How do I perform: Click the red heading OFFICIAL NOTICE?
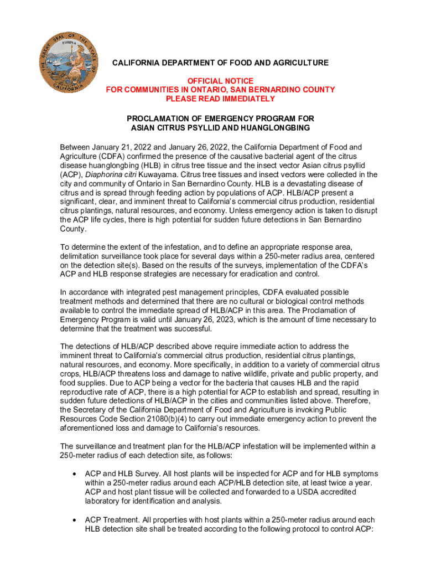[x=220, y=80]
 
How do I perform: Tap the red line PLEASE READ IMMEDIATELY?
[x=220, y=99]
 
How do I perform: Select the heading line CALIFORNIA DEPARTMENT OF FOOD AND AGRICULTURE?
[x=220, y=63]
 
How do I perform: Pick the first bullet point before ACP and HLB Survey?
[x=74, y=474]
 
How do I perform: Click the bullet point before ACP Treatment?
[x=74, y=520]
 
